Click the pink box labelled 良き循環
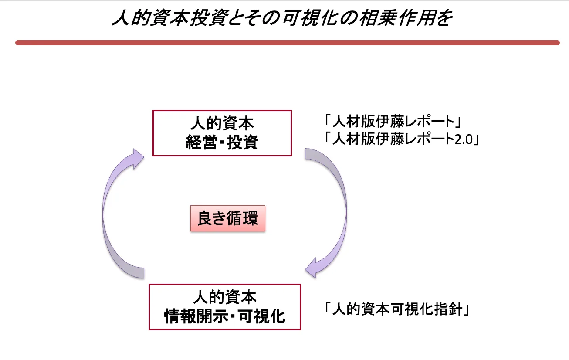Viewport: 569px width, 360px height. (x=228, y=218)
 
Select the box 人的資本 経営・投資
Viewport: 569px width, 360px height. (x=222, y=133)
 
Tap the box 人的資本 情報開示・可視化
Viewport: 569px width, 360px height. (x=225, y=307)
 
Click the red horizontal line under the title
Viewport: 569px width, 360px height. (x=287, y=43)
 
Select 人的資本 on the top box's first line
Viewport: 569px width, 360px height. (x=222, y=123)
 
